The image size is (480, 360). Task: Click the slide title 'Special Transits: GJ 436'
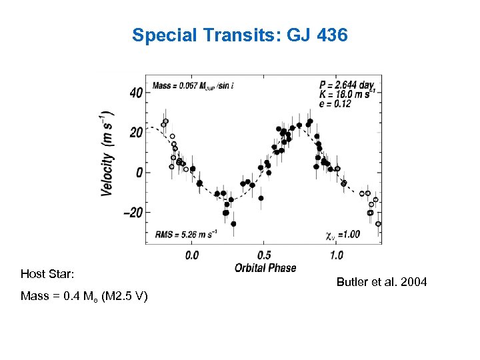click(239, 35)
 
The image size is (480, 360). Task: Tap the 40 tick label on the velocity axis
click(135, 93)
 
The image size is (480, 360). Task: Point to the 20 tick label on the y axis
click(135, 133)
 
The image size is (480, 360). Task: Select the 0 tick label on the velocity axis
click(139, 173)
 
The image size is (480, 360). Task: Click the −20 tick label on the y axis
click(131, 213)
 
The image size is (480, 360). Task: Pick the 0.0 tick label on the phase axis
click(191, 255)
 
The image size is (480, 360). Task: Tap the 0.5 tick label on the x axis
click(264, 255)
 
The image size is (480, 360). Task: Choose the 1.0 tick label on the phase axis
click(337, 255)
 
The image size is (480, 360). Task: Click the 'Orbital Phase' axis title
click(265, 268)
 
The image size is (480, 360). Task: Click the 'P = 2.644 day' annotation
click(347, 85)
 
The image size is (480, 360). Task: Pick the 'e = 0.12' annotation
click(335, 104)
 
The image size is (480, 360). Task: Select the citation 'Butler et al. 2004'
click(381, 283)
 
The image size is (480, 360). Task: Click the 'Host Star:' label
click(47, 274)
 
